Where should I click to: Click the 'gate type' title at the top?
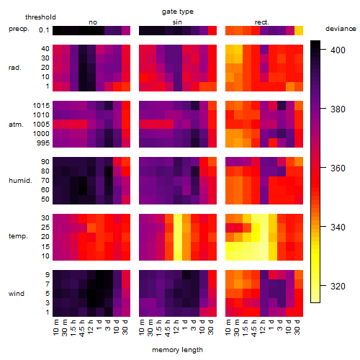178,12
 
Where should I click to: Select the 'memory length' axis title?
177,350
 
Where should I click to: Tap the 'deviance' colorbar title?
341,29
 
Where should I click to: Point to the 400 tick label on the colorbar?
338,50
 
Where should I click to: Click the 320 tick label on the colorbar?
338,286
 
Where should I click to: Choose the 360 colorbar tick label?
338,168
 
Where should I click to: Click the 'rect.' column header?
262,22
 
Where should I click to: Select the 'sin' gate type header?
177,22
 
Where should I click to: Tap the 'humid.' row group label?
20,181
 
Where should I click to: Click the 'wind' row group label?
17,294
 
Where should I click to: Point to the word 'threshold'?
40,17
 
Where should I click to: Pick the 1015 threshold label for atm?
41,106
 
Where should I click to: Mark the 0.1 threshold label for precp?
44,30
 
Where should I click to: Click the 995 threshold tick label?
43,143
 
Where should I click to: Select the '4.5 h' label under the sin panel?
168,328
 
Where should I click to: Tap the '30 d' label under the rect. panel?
297,327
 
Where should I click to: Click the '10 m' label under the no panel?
55,327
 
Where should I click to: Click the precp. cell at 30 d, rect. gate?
299,31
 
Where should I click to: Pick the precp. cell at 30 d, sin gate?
212,31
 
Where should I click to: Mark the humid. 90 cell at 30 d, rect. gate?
299,162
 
